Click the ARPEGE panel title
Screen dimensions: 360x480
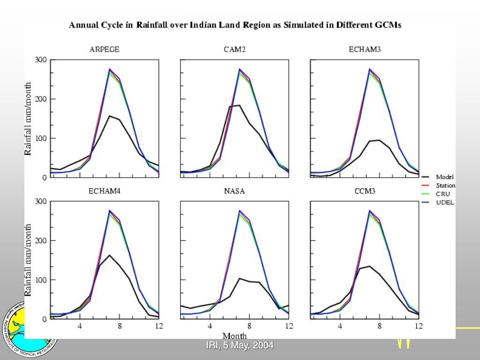(105, 50)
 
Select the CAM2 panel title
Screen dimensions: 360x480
(234, 50)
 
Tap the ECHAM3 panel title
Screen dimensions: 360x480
(365, 50)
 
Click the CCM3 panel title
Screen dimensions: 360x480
(365, 191)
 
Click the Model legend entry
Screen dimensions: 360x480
(444, 177)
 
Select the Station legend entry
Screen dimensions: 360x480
(445, 186)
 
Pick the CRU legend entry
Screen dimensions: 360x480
(443, 194)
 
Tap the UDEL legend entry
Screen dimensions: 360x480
(445, 202)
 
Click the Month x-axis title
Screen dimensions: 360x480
(234, 336)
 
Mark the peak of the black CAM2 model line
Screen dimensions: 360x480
(239, 105)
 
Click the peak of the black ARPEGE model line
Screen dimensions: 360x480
(109, 116)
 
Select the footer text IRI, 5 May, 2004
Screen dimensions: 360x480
(240, 345)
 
